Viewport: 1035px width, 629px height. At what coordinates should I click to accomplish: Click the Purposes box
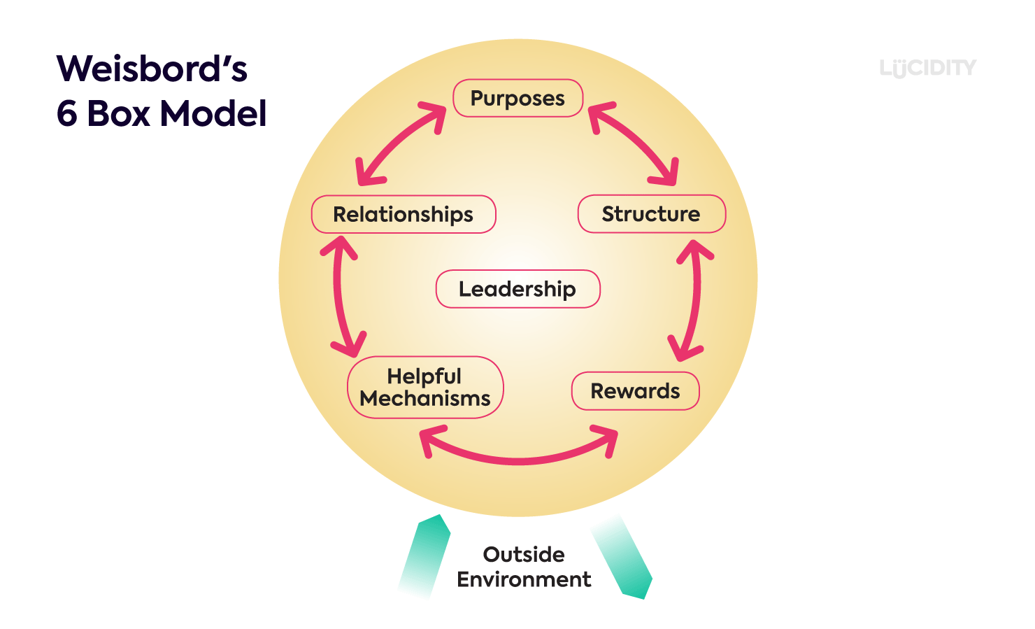coord(517,99)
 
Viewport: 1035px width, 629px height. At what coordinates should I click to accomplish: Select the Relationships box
coord(404,214)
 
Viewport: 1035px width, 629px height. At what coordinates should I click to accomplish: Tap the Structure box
coord(651,214)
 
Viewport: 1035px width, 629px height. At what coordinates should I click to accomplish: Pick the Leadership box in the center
coord(517,289)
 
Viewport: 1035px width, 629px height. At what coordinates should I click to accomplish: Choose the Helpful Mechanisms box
coord(425,388)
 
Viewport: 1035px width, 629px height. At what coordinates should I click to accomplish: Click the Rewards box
coord(635,391)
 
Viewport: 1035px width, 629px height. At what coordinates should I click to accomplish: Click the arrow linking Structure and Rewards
coord(694,301)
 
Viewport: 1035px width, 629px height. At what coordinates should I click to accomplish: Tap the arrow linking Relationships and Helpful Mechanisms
coord(338,297)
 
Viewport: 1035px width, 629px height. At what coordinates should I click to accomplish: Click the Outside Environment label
coord(524,567)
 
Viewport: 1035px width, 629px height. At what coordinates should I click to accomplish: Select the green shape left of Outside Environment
coord(424,556)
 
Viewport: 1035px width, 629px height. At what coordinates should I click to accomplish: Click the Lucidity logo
coord(927,68)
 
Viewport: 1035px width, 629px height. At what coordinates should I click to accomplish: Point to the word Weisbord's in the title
coord(152,69)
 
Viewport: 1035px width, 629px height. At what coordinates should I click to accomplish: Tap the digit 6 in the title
coord(66,113)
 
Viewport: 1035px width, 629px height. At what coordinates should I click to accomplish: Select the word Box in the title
coord(118,113)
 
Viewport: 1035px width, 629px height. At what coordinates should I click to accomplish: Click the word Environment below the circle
coord(524,580)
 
